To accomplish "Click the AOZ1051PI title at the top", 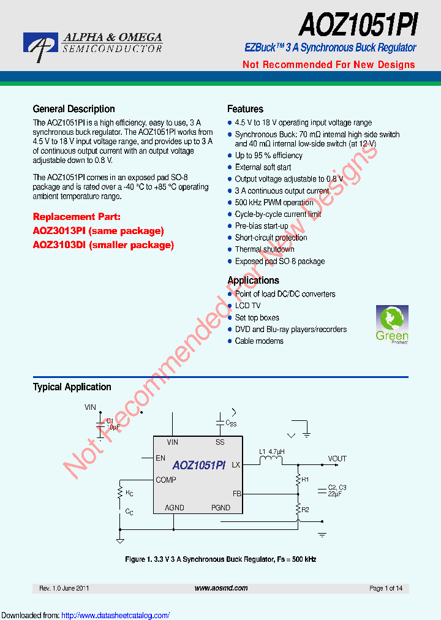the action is (358, 27).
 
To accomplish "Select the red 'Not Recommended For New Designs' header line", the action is (328, 65).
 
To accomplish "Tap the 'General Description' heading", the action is (73, 109).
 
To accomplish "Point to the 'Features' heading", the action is (245, 109).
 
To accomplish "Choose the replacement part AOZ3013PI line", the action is (98, 231).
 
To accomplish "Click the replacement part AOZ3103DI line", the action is (103, 245).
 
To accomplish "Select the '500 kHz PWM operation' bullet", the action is (274, 203).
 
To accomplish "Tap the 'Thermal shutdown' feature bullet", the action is (265, 249).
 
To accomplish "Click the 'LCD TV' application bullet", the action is (247, 306).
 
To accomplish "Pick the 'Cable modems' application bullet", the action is (259, 341).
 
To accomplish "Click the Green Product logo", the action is (392, 325).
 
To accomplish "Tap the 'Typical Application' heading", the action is (72, 387).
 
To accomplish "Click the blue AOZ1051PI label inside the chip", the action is (199, 466).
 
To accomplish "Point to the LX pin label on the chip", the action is (236, 465).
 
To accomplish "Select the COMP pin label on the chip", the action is (166, 480).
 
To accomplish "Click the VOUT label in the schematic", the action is (337, 458).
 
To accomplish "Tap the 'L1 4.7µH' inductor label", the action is (271, 452).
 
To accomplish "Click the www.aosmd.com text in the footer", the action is (221, 588).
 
